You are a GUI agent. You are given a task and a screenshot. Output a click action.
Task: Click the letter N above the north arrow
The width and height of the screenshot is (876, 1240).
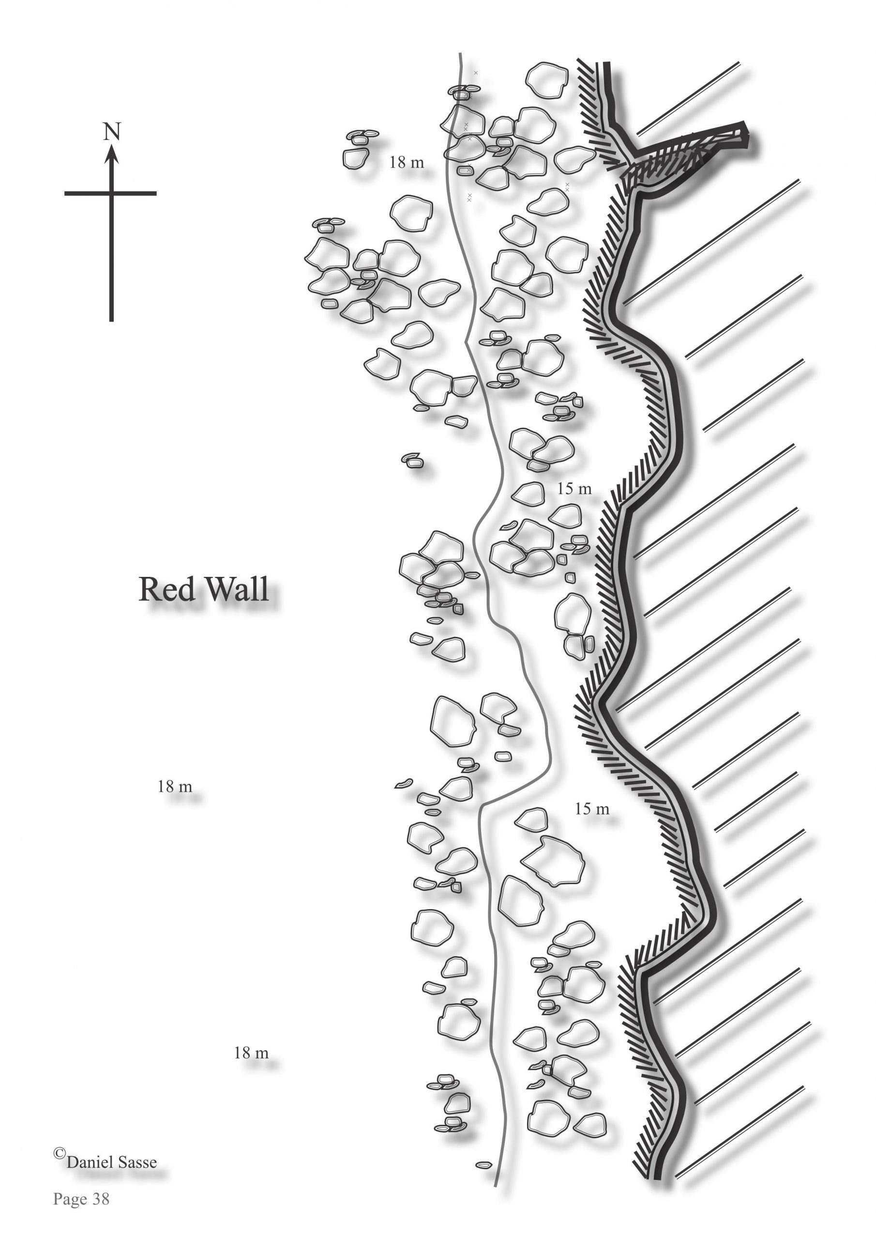[112, 132]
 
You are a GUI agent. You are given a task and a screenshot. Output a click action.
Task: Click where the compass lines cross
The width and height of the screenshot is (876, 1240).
[112, 193]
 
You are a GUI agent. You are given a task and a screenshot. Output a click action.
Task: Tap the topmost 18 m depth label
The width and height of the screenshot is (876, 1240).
[407, 162]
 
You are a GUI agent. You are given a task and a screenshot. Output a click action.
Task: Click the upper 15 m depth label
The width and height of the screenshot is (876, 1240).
[574, 489]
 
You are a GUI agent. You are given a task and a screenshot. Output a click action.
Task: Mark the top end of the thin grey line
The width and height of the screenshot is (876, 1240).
[460, 54]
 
